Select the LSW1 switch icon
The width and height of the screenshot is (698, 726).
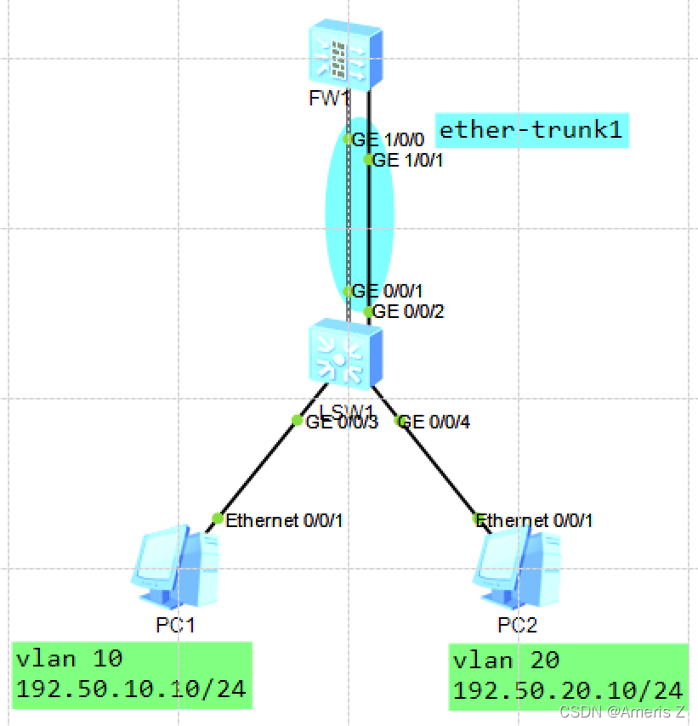pyautogui.click(x=344, y=352)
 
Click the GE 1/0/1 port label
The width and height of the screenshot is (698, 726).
pyautogui.click(x=410, y=159)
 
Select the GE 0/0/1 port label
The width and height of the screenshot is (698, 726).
pyautogui.click(x=387, y=292)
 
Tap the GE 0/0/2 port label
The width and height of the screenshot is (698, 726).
pyautogui.click(x=410, y=312)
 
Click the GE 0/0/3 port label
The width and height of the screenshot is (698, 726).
pyautogui.click(x=342, y=421)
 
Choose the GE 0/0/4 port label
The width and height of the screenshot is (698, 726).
pyautogui.click(x=434, y=421)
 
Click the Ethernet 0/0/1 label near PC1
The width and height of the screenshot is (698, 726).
pyautogui.click(x=283, y=520)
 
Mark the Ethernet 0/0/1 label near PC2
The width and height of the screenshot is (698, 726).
pyautogui.click(x=535, y=520)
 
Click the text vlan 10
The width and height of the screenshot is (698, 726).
pyautogui.click(x=70, y=658)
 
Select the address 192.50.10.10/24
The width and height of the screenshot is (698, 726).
pyautogui.click(x=131, y=689)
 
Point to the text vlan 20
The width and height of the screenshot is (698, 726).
pyautogui.click(x=507, y=661)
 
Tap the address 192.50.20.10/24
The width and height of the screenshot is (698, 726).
pyautogui.click(x=568, y=691)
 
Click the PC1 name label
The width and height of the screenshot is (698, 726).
pyautogui.click(x=176, y=626)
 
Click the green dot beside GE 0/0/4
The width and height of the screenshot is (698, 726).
pyautogui.click(x=398, y=420)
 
